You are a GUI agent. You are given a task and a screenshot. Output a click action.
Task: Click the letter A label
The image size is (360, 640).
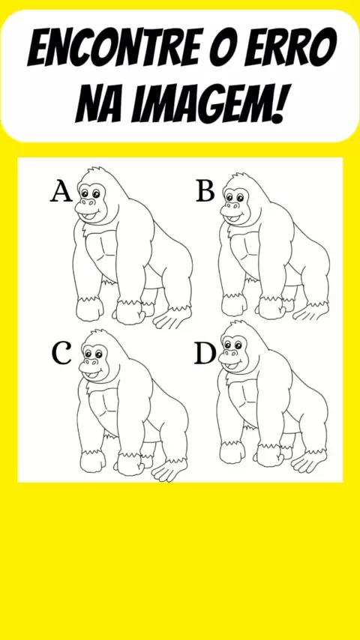[x=61, y=193]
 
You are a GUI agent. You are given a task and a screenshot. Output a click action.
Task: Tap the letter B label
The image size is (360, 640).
[x=205, y=191]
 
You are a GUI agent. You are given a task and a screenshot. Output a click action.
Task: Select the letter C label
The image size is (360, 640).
[x=61, y=354]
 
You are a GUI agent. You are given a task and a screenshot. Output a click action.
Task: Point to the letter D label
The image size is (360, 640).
[x=205, y=354]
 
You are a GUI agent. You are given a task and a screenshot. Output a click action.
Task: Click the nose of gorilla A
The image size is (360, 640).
[x=88, y=202]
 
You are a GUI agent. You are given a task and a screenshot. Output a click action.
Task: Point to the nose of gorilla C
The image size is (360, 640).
[x=91, y=362]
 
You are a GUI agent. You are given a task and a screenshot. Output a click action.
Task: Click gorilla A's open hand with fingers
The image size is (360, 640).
[x=172, y=318]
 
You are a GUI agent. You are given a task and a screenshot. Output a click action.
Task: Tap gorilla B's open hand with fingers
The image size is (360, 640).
[x=312, y=310]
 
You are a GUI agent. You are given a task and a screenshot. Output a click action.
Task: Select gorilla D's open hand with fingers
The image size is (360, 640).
[x=310, y=460]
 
